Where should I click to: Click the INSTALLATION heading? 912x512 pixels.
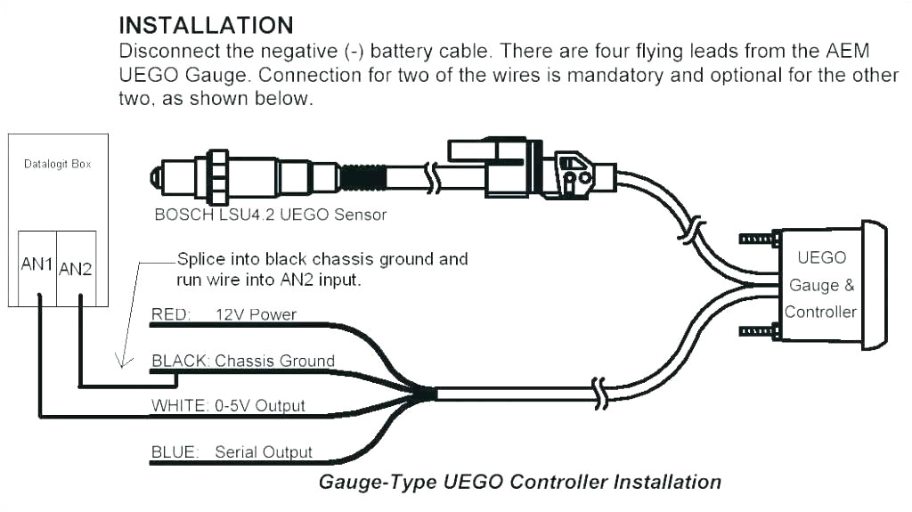click(206, 24)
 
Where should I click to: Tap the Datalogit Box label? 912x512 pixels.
click(57, 164)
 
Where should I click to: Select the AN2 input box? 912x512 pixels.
click(76, 267)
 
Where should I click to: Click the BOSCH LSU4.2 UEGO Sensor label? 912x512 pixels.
click(271, 215)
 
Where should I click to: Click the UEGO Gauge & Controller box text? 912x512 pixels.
click(820, 285)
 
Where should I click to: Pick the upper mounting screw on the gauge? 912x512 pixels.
click(759, 238)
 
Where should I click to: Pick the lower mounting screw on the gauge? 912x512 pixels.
click(759, 332)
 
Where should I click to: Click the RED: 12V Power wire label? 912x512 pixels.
click(224, 314)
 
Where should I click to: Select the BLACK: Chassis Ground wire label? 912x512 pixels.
click(242, 361)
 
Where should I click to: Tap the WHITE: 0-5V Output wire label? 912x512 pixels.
click(228, 405)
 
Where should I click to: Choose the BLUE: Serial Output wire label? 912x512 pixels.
click(232, 452)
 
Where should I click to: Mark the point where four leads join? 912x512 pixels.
click(426, 393)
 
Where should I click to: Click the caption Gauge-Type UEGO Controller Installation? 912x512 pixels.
click(519, 482)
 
